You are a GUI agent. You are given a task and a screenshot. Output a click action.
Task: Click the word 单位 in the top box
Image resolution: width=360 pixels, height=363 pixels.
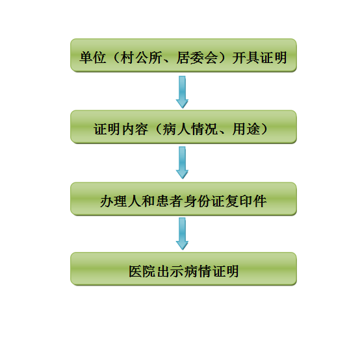coord(93,57)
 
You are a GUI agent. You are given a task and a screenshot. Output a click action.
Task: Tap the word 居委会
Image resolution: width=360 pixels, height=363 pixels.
coord(197,57)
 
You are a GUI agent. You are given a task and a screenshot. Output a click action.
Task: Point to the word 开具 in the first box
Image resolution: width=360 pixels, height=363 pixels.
coord(246,57)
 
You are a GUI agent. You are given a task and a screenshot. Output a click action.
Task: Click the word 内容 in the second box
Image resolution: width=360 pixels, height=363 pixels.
coord(135,129)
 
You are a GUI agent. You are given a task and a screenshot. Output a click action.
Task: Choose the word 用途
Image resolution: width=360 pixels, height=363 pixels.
coord(246,129)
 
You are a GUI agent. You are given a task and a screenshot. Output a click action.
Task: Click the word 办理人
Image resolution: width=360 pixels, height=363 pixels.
coord(121,201)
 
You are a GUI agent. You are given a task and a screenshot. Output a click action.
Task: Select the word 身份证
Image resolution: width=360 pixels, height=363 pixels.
coord(204,201)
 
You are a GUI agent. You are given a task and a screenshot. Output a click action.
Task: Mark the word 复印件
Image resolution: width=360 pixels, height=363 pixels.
coord(246,201)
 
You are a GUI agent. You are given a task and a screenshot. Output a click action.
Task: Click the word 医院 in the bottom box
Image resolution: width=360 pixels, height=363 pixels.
coord(142,271)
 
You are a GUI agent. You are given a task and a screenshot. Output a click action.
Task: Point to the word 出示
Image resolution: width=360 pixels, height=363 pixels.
coord(170,271)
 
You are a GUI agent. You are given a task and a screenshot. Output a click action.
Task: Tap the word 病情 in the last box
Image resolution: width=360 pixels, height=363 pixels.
coord(198,271)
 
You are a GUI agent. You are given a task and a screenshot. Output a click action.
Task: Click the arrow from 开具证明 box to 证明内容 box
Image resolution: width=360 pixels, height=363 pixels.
coord(182,92)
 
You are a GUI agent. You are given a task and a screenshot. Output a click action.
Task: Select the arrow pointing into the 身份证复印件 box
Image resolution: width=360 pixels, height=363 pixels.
coord(182,163)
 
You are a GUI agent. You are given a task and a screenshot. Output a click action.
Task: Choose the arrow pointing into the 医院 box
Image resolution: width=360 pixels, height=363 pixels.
coord(182,234)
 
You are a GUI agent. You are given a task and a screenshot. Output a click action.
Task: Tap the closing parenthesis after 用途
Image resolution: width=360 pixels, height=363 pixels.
coord(264,129)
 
